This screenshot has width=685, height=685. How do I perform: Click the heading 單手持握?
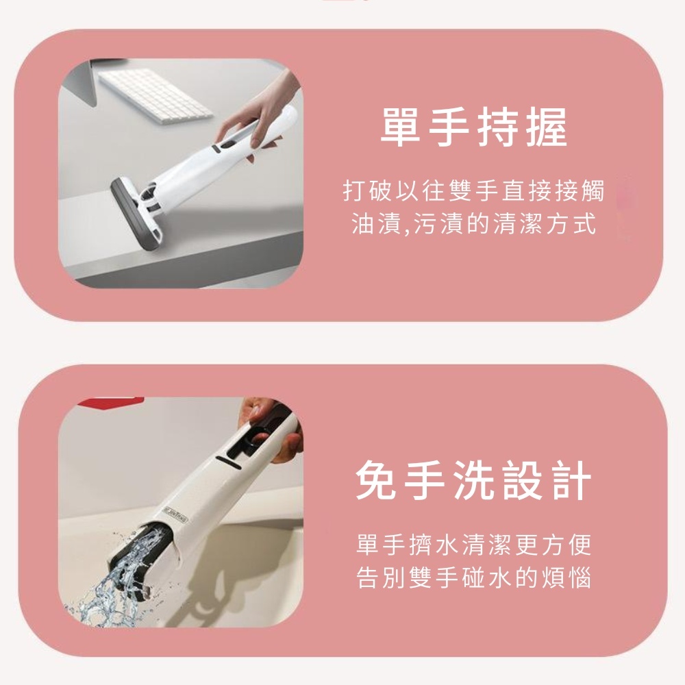click(473, 127)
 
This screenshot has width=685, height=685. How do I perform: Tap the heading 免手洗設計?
click(473, 481)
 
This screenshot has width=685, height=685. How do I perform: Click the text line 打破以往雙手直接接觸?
click(473, 191)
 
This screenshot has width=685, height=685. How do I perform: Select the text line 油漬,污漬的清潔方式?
click(473, 223)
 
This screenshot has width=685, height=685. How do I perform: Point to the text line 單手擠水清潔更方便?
click(473, 545)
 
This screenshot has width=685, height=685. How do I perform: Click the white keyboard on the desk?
click(155, 97)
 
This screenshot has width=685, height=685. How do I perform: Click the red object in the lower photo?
click(111, 401)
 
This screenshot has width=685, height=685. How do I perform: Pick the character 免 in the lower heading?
click(375, 481)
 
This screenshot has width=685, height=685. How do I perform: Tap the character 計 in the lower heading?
click(572, 481)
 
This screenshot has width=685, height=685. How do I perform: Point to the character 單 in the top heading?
click(401, 127)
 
